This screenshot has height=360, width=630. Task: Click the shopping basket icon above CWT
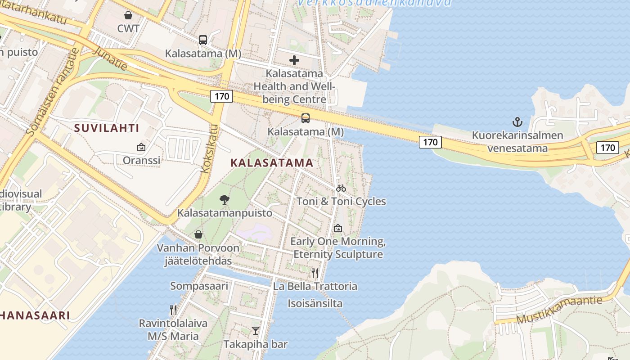pyautogui.click(x=128, y=15)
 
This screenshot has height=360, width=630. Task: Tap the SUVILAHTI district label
pyautogui.click(x=107, y=128)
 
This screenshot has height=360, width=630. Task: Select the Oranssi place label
pyautogui.click(x=141, y=160)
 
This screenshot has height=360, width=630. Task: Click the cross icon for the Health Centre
pyautogui.click(x=294, y=60)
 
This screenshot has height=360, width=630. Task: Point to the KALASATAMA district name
pyautogui.click(x=272, y=163)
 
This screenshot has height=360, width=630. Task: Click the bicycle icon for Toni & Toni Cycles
pyautogui.click(x=341, y=188)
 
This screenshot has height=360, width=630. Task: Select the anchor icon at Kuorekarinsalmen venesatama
pyautogui.click(x=517, y=121)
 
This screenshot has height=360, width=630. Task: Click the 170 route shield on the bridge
pyautogui.click(x=430, y=142)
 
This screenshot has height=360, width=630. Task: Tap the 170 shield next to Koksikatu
pyautogui.click(x=221, y=96)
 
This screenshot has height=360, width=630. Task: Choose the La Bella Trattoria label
pyautogui.click(x=315, y=286)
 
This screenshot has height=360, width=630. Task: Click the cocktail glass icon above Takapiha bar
pyautogui.click(x=256, y=331)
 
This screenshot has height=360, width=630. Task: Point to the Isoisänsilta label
pyautogui.click(x=315, y=303)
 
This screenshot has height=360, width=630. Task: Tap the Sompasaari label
pyautogui.click(x=199, y=286)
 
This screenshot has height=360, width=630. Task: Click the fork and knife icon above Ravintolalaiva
pyautogui.click(x=173, y=310)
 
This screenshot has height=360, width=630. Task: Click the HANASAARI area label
pyautogui.click(x=35, y=315)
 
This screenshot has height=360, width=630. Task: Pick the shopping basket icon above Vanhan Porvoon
pyautogui.click(x=198, y=234)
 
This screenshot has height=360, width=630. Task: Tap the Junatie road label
pyautogui.click(x=110, y=58)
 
